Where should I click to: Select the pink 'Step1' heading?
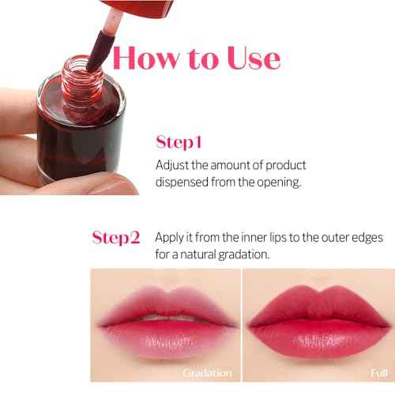179,143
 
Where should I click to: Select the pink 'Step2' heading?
116,237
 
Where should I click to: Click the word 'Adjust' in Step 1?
172,166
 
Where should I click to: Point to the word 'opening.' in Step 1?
281,183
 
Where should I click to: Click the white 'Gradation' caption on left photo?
207,372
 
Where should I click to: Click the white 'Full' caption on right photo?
379,372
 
